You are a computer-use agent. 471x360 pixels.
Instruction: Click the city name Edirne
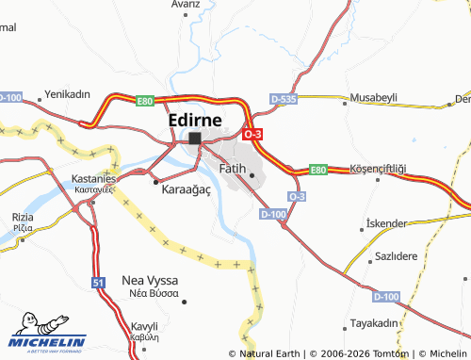pyautogui.click(x=195, y=121)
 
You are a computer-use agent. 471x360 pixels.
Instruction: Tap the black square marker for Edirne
pyautogui.click(x=195, y=139)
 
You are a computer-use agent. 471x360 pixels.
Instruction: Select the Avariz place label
pyautogui.click(x=186, y=5)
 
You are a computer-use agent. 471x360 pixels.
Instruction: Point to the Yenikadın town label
pyautogui.click(x=67, y=94)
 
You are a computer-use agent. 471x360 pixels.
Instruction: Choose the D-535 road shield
pyautogui.click(x=283, y=97)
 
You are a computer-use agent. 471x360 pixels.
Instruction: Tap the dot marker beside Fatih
pyautogui.click(x=252, y=174)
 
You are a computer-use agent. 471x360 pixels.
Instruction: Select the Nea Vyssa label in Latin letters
pyautogui.click(x=152, y=280)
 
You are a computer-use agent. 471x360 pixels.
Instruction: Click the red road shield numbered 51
pyautogui.click(x=99, y=282)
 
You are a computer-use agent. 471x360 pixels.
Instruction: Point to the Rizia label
pyautogui.click(x=24, y=217)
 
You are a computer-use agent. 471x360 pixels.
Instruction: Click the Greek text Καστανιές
pyautogui.click(x=94, y=188)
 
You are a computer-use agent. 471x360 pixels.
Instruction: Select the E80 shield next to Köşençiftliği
pyautogui.click(x=318, y=170)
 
